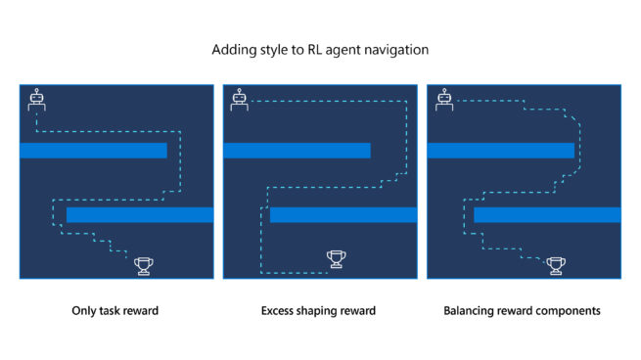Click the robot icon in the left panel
37,100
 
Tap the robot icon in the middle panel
240,100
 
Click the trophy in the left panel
145,264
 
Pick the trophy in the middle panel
337,258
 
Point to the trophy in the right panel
556,264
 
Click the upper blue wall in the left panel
93,150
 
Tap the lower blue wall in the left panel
139,214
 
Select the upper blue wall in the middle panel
297,150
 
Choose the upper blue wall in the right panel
500,150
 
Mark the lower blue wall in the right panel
547,214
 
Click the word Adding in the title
230,48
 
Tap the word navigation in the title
395,48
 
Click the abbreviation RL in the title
314,48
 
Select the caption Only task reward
115,311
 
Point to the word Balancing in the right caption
469,311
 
